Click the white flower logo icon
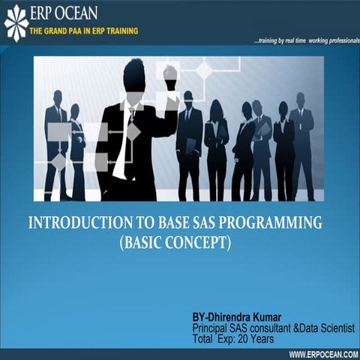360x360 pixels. [16, 21]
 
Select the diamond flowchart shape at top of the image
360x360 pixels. [204, 70]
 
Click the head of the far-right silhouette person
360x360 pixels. [300, 100]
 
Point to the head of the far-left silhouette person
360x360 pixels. [57, 97]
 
